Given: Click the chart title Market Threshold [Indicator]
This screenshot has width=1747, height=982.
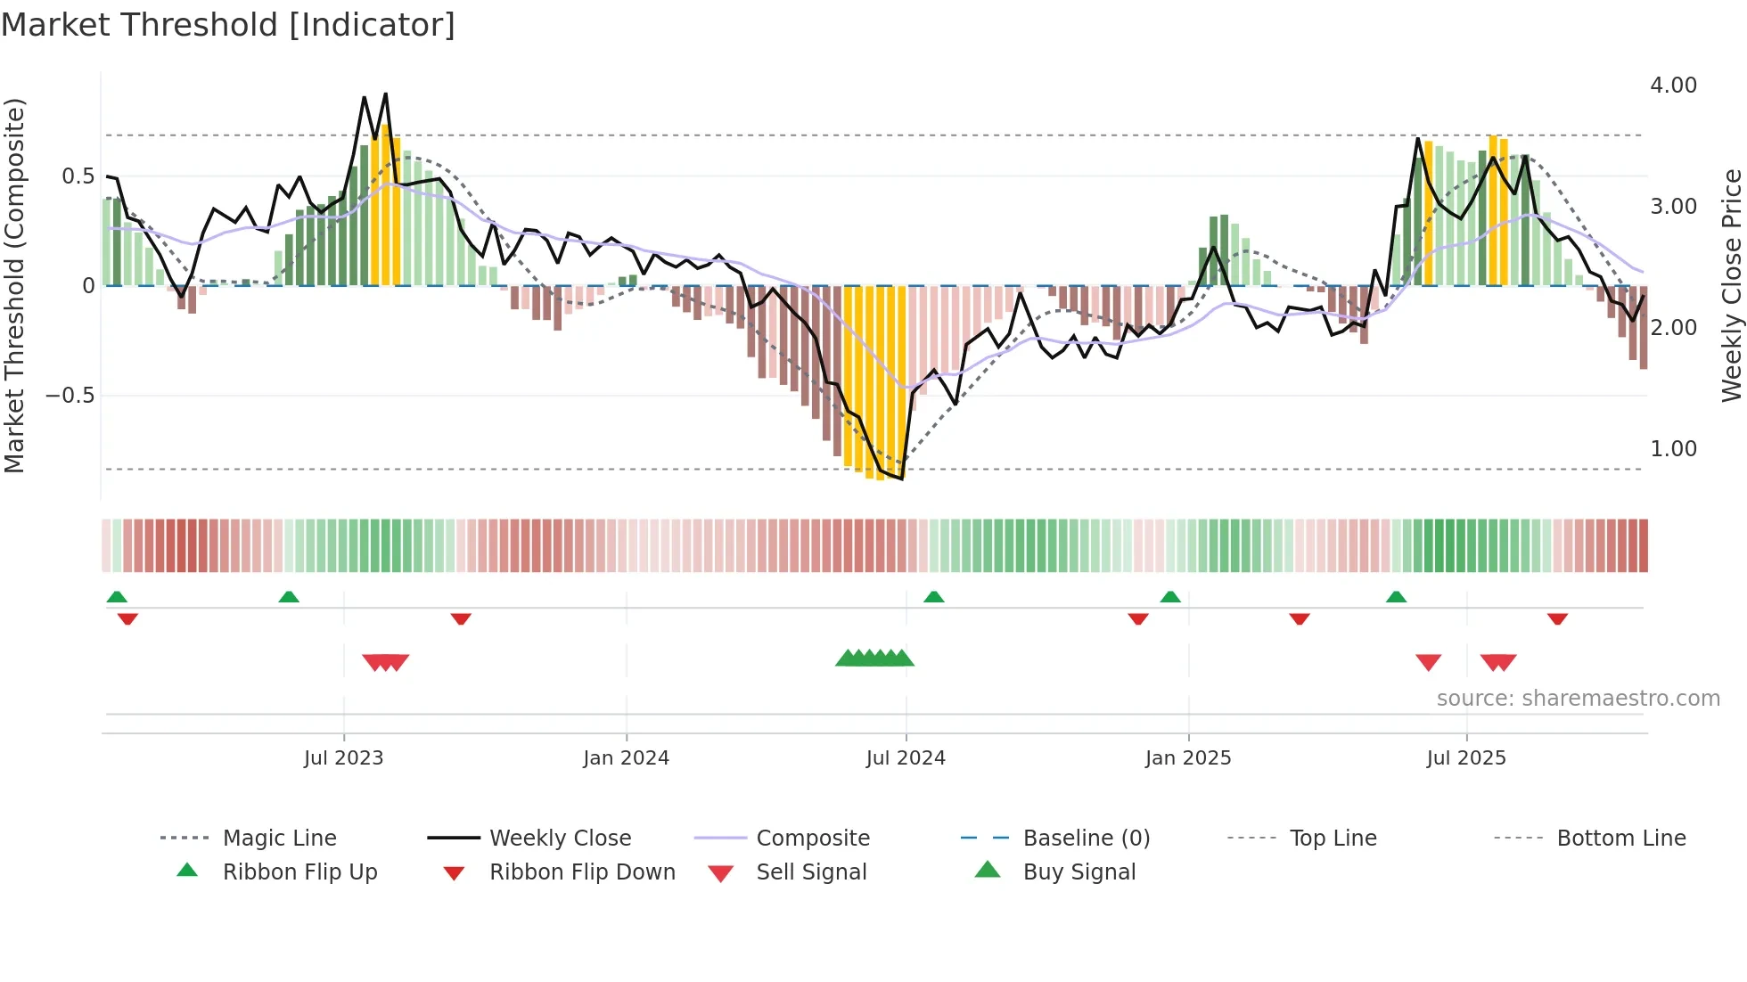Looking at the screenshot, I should (x=228, y=25).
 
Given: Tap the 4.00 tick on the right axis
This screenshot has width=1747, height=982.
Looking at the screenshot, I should (x=1673, y=86).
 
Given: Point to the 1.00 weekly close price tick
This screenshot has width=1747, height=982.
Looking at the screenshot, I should (x=1673, y=449).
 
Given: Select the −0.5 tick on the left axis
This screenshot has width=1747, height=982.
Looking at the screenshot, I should (x=70, y=396).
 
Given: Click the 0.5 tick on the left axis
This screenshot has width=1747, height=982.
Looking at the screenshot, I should (x=78, y=176).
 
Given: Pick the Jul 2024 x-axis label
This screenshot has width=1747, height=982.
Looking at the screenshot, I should (x=905, y=758).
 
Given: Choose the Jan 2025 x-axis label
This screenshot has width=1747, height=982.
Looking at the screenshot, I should (x=1187, y=758).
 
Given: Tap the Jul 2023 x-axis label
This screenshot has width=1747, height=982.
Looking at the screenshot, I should (x=343, y=758).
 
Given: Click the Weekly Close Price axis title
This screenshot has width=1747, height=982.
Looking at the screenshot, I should (x=1730, y=285).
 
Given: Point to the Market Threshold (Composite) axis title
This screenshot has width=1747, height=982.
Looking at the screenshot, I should (x=14, y=285).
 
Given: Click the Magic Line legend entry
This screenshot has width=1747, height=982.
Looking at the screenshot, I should (x=279, y=839).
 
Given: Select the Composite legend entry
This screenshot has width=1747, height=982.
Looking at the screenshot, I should (x=812, y=839).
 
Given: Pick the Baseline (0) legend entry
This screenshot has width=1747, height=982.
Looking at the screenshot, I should (x=1086, y=839).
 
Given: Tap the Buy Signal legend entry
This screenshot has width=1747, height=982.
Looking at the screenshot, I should (x=1079, y=872).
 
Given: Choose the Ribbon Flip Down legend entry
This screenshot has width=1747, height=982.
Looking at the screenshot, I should (x=581, y=872).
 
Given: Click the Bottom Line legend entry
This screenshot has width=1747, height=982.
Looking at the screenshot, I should (x=1620, y=839).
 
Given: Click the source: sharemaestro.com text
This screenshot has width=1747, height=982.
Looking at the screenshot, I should (x=1578, y=699).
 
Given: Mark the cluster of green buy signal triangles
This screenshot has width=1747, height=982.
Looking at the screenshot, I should (x=874, y=659).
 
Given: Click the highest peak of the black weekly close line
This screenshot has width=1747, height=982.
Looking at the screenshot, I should (x=385, y=94).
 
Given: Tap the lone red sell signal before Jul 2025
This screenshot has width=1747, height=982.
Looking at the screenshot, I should (x=1428, y=662).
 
